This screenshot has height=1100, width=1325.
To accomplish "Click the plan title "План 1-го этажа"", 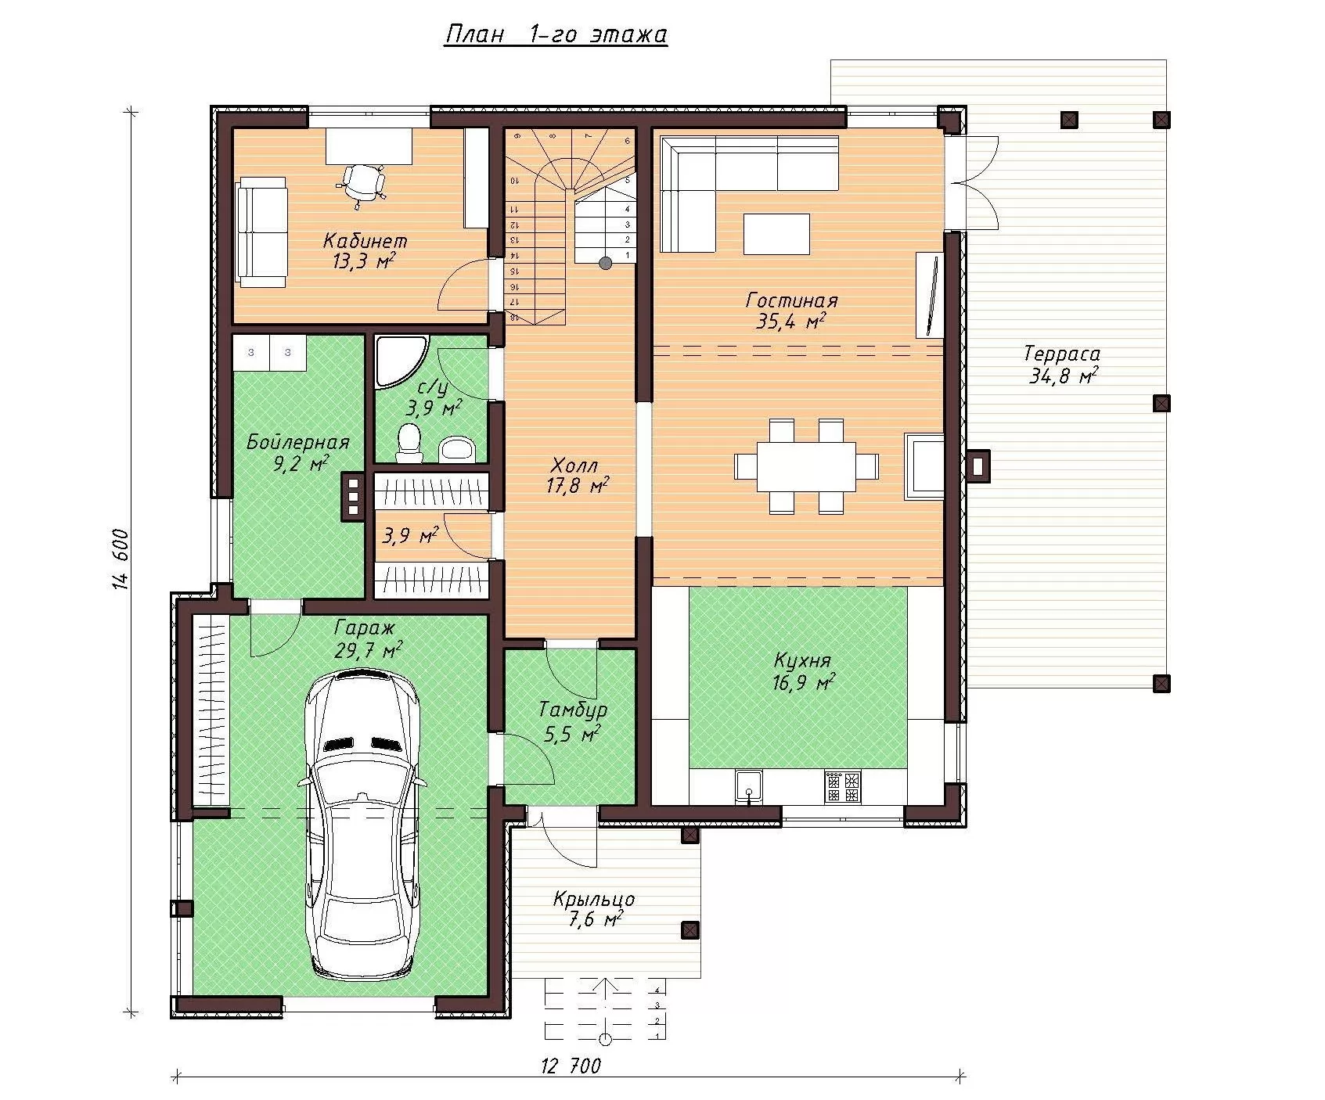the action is click(x=556, y=35).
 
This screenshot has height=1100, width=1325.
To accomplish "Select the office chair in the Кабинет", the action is click(x=362, y=185).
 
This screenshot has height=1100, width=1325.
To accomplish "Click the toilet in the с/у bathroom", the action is click(x=409, y=442).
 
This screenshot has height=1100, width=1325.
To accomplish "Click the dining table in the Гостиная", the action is click(x=807, y=466).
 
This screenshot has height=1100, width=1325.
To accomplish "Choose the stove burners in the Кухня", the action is click(x=842, y=786).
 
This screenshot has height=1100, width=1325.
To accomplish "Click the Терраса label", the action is click(x=1062, y=354).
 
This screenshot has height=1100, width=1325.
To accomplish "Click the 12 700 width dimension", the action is click(x=571, y=1066).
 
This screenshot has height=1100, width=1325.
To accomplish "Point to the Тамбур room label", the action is click(x=573, y=710).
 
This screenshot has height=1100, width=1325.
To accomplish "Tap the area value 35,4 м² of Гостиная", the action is click(x=792, y=322).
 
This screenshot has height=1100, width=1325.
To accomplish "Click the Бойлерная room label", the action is click(x=298, y=442).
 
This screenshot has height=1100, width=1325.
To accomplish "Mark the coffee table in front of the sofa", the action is click(x=777, y=234).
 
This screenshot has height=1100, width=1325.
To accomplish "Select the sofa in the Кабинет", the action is click(x=262, y=230).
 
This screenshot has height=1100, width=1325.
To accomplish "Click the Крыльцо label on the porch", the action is click(x=594, y=899).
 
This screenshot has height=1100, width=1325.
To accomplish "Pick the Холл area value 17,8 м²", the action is click(x=578, y=486).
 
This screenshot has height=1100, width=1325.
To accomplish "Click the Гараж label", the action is click(x=365, y=627).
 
